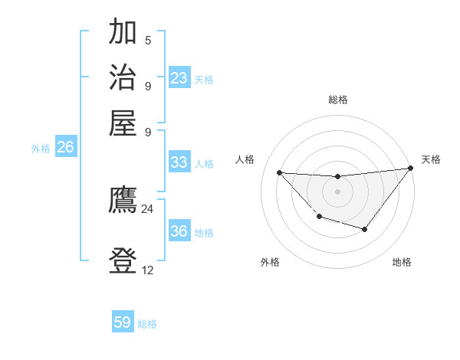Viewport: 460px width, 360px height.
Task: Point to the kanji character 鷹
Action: tap(123, 201)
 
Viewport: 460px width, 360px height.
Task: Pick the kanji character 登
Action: tap(123, 261)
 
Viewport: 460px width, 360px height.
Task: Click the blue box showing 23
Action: tap(179, 78)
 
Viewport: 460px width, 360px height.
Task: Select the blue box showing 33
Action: tap(179, 162)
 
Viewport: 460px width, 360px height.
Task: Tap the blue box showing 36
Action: tap(179, 231)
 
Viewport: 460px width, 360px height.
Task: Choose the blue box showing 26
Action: tap(65, 148)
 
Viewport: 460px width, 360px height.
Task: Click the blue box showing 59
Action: tap(123, 322)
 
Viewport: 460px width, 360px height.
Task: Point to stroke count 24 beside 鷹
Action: tap(147, 208)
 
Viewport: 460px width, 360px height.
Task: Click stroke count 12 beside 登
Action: tap(147, 270)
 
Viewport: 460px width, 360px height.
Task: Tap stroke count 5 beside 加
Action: tap(148, 40)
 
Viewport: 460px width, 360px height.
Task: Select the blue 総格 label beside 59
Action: tap(147, 324)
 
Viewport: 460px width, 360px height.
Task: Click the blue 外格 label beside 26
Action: tap(41, 149)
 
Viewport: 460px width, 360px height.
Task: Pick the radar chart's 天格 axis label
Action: tap(431, 159)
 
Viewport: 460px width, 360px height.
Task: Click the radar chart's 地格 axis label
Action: tap(402, 262)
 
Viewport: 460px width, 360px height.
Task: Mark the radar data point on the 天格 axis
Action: tap(411, 169)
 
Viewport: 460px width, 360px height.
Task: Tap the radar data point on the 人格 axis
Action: tap(280, 172)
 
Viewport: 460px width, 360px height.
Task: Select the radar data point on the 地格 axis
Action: tap(365, 229)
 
